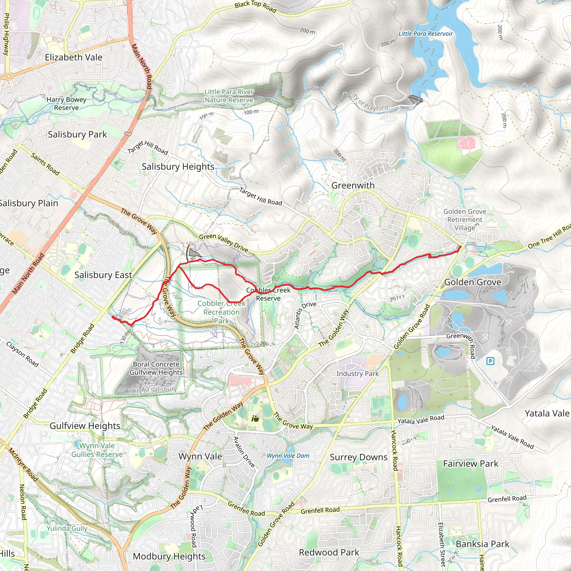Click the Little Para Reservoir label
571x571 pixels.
pyautogui.click(x=425, y=34)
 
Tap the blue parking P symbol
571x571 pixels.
pyautogui.click(x=490, y=361)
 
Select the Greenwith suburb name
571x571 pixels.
pyautogui.click(x=353, y=185)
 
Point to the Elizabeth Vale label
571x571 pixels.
pyautogui.click(x=74, y=57)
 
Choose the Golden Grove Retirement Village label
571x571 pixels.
pyautogui.click(x=464, y=220)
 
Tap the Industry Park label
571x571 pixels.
pyautogui.click(x=357, y=374)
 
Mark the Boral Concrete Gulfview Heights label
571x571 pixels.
pyautogui.click(x=156, y=368)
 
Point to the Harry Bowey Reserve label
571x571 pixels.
pyautogui.click(x=67, y=103)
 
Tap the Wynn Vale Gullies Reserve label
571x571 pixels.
pyautogui.click(x=97, y=450)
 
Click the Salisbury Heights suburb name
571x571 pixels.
pyautogui.click(x=178, y=166)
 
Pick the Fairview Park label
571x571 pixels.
pyautogui.click(x=471, y=464)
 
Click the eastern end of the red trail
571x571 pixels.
pyautogui.click(x=461, y=247)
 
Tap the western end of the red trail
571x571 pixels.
pyautogui.click(x=113, y=317)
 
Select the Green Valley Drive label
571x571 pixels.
pyautogui.click(x=223, y=242)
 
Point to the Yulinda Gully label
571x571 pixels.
pyautogui.click(x=67, y=528)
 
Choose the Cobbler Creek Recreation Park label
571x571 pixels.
pyautogui.click(x=221, y=312)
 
